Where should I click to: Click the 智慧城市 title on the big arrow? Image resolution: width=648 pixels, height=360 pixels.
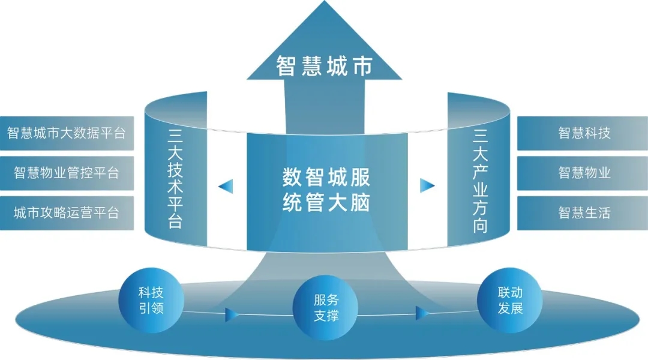(x=325, y=66)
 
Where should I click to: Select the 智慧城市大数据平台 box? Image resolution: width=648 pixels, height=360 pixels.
(x=67, y=133)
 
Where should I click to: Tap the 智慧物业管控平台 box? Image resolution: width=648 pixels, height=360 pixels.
(x=67, y=173)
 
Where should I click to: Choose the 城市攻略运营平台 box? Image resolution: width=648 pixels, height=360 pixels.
(x=67, y=213)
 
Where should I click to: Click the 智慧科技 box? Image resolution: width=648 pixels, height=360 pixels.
(x=583, y=133)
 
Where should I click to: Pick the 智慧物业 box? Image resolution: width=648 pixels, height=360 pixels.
(x=583, y=173)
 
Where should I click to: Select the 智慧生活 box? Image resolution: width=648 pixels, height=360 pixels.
(x=583, y=213)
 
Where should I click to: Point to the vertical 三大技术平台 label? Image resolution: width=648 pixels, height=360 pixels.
(x=175, y=178)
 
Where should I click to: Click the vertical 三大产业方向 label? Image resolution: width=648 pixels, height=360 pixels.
(x=480, y=181)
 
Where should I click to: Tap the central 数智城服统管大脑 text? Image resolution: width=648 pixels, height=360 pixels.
(x=326, y=190)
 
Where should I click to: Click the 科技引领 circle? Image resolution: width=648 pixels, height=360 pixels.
(x=151, y=301)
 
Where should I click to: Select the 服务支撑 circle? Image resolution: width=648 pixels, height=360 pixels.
(x=325, y=308)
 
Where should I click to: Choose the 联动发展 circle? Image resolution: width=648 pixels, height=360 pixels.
(x=510, y=301)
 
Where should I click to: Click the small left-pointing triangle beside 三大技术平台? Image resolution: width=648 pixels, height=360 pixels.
(x=226, y=186)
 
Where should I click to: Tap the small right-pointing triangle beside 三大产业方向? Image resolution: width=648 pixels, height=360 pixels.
(x=427, y=185)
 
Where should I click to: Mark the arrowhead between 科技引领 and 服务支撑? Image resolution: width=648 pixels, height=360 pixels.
(x=232, y=314)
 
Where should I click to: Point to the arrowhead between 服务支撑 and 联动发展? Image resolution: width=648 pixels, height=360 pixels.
(x=422, y=313)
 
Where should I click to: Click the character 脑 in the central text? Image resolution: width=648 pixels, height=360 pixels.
(x=359, y=203)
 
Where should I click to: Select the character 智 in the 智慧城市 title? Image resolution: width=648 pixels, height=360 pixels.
(x=286, y=66)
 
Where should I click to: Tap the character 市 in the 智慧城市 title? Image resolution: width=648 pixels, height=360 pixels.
(x=363, y=66)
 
